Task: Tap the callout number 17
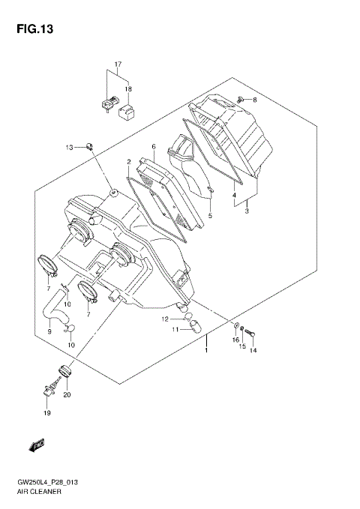pos(118,64)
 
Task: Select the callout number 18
pos(128,89)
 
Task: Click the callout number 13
pos(69,147)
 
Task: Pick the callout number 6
pos(153,147)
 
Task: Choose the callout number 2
pos(129,162)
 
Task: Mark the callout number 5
pos(210,217)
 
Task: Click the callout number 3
pos(247,212)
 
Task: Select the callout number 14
pos(253,350)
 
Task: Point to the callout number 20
pos(67,394)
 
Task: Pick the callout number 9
pos(49,331)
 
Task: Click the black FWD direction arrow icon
pos(35,447)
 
